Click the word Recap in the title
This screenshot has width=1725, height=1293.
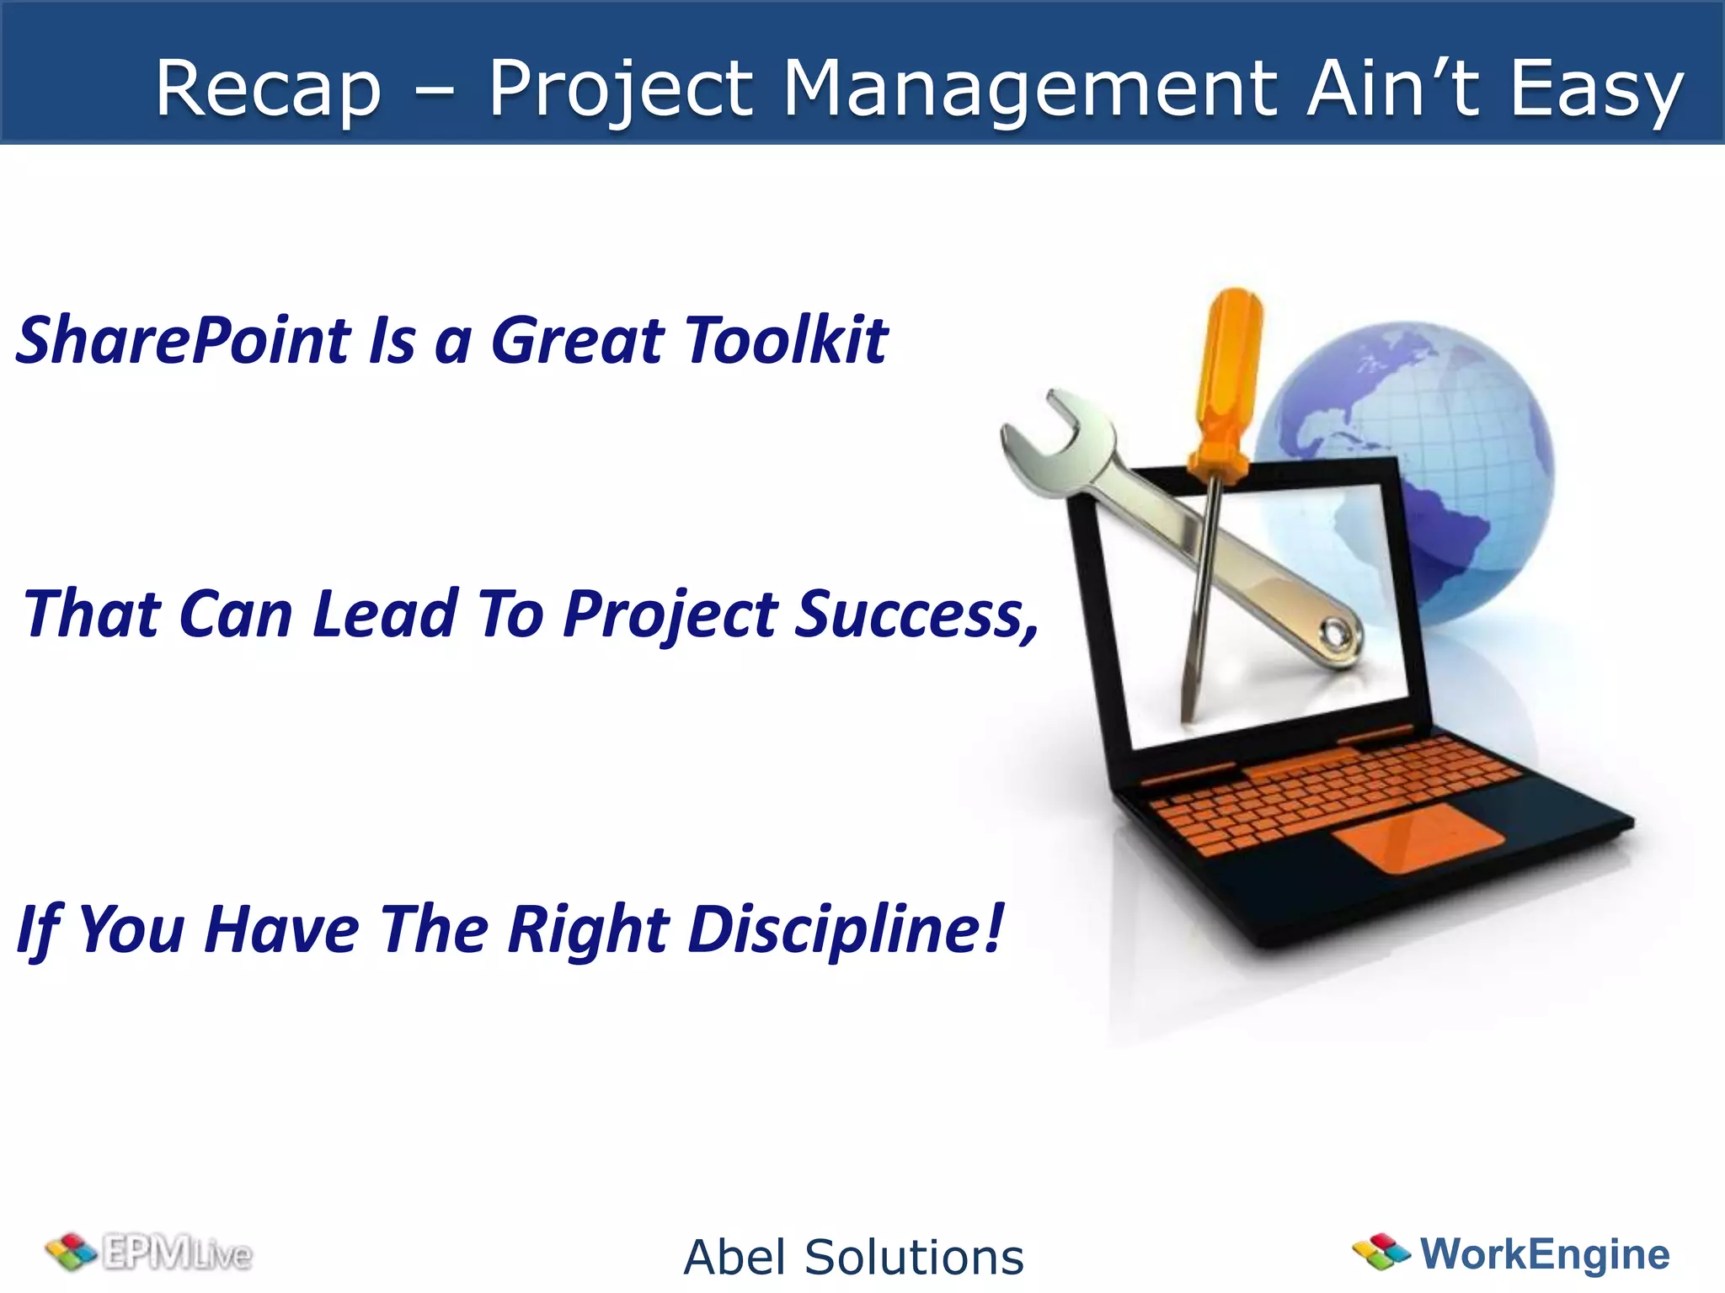[x=268, y=88]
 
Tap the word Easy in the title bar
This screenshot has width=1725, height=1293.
[x=1595, y=88]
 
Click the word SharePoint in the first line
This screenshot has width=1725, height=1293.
[x=184, y=341]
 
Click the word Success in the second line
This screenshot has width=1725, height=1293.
[x=915, y=615]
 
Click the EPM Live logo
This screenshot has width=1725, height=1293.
[x=150, y=1253]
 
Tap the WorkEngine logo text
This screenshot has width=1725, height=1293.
[x=1545, y=1253]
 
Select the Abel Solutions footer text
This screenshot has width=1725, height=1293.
[x=853, y=1258]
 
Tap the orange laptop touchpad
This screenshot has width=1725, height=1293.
[x=1418, y=836]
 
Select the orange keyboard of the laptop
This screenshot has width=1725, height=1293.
[x=1331, y=791]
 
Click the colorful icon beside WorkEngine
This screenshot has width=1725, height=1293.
[x=1381, y=1252]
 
